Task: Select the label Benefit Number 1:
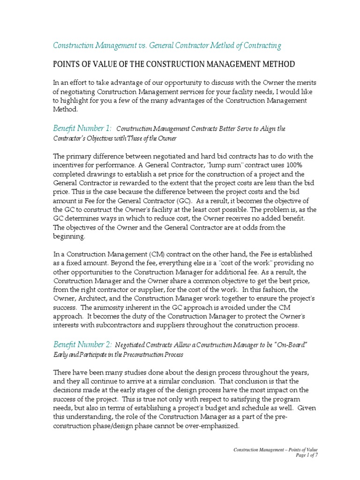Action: click(82, 128)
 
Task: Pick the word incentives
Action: click(69, 165)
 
